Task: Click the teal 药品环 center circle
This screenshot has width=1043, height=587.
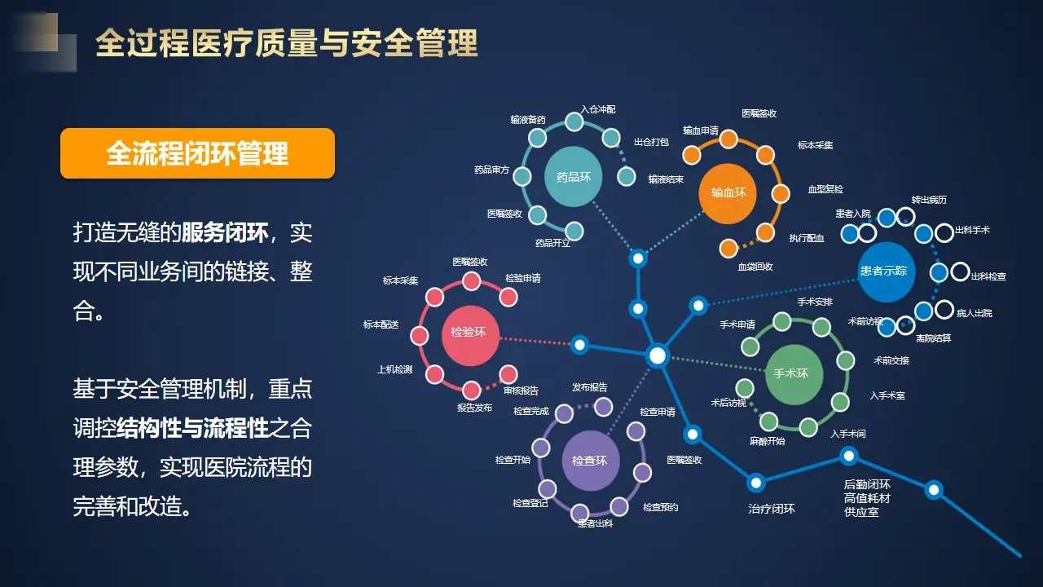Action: (574, 176)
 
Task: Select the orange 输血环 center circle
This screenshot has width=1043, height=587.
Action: (728, 193)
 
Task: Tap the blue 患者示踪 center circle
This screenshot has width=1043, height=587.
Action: (883, 271)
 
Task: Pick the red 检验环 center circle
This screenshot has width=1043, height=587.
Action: (469, 332)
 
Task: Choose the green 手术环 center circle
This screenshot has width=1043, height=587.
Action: (790, 373)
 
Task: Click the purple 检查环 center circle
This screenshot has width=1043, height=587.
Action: (590, 461)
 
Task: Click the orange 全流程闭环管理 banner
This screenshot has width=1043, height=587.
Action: (197, 153)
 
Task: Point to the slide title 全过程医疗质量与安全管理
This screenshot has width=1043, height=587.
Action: (286, 43)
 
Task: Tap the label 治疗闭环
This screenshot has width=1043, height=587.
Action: (771, 509)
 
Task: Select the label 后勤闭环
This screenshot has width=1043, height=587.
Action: (867, 483)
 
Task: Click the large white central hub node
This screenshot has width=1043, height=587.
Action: (658, 355)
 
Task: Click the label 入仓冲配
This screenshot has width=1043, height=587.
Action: (598, 108)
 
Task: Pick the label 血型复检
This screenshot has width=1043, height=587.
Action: (825, 189)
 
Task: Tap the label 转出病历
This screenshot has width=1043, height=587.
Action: (929, 200)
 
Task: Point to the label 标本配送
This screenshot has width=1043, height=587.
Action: (381, 324)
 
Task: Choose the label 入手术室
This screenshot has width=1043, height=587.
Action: (887, 395)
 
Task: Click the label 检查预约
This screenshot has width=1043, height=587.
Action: (660, 507)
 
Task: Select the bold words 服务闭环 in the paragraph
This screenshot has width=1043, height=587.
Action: (225, 234)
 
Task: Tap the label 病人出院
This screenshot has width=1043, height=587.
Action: (975, 313)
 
